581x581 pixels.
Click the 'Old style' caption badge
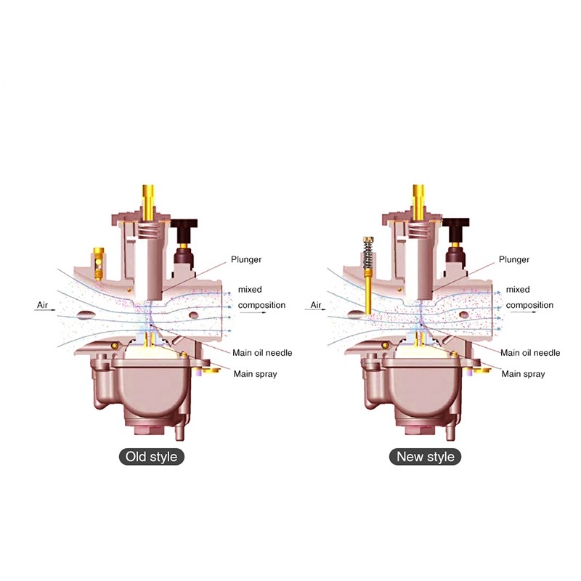tap(152, 457)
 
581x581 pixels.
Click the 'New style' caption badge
tap(425, 457)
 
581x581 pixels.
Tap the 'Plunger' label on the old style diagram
tap(246, 259)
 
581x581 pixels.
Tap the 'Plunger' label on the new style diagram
tap(514, 259)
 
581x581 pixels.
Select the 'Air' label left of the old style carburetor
tap(43, 305)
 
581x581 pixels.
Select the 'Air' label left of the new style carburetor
tap(316, 305)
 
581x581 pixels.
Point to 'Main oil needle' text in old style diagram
tap(262, 353)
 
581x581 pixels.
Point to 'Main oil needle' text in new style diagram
tap(530, 353)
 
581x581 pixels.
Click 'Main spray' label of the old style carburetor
tap(256, 374)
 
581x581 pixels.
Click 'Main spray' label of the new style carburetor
tap(523, 374)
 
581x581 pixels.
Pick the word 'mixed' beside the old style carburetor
tap(250, 289)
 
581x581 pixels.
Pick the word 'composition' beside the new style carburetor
tap(529, 305)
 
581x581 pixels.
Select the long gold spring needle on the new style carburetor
tap(368, 275)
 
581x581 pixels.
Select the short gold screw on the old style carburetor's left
tap(98, 264)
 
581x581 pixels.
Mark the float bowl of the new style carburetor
tap(423, 393)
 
